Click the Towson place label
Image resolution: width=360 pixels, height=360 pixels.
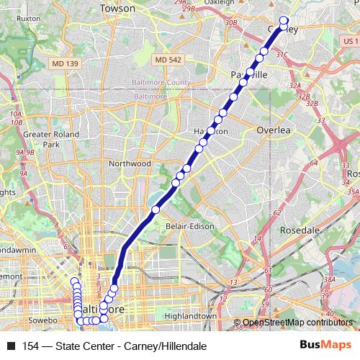(117, 8)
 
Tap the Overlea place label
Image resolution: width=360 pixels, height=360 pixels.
(274, 130)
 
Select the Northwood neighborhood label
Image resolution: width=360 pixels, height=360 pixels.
(130, 163)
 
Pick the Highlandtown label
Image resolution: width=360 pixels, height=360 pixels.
(190, 316)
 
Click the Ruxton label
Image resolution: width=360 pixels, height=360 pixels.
(28, 18)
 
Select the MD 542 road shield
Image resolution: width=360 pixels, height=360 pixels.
(168, 58)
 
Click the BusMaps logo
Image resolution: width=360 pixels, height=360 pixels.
(326, 346)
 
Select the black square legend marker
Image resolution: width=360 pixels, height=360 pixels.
(11, 346)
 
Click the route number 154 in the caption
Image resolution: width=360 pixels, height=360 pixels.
(30, 346)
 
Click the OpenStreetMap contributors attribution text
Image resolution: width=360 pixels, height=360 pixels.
(297, 323)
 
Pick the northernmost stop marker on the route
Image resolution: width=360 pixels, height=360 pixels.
(284, 21)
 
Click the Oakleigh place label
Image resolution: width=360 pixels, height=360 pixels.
(220, 2)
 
